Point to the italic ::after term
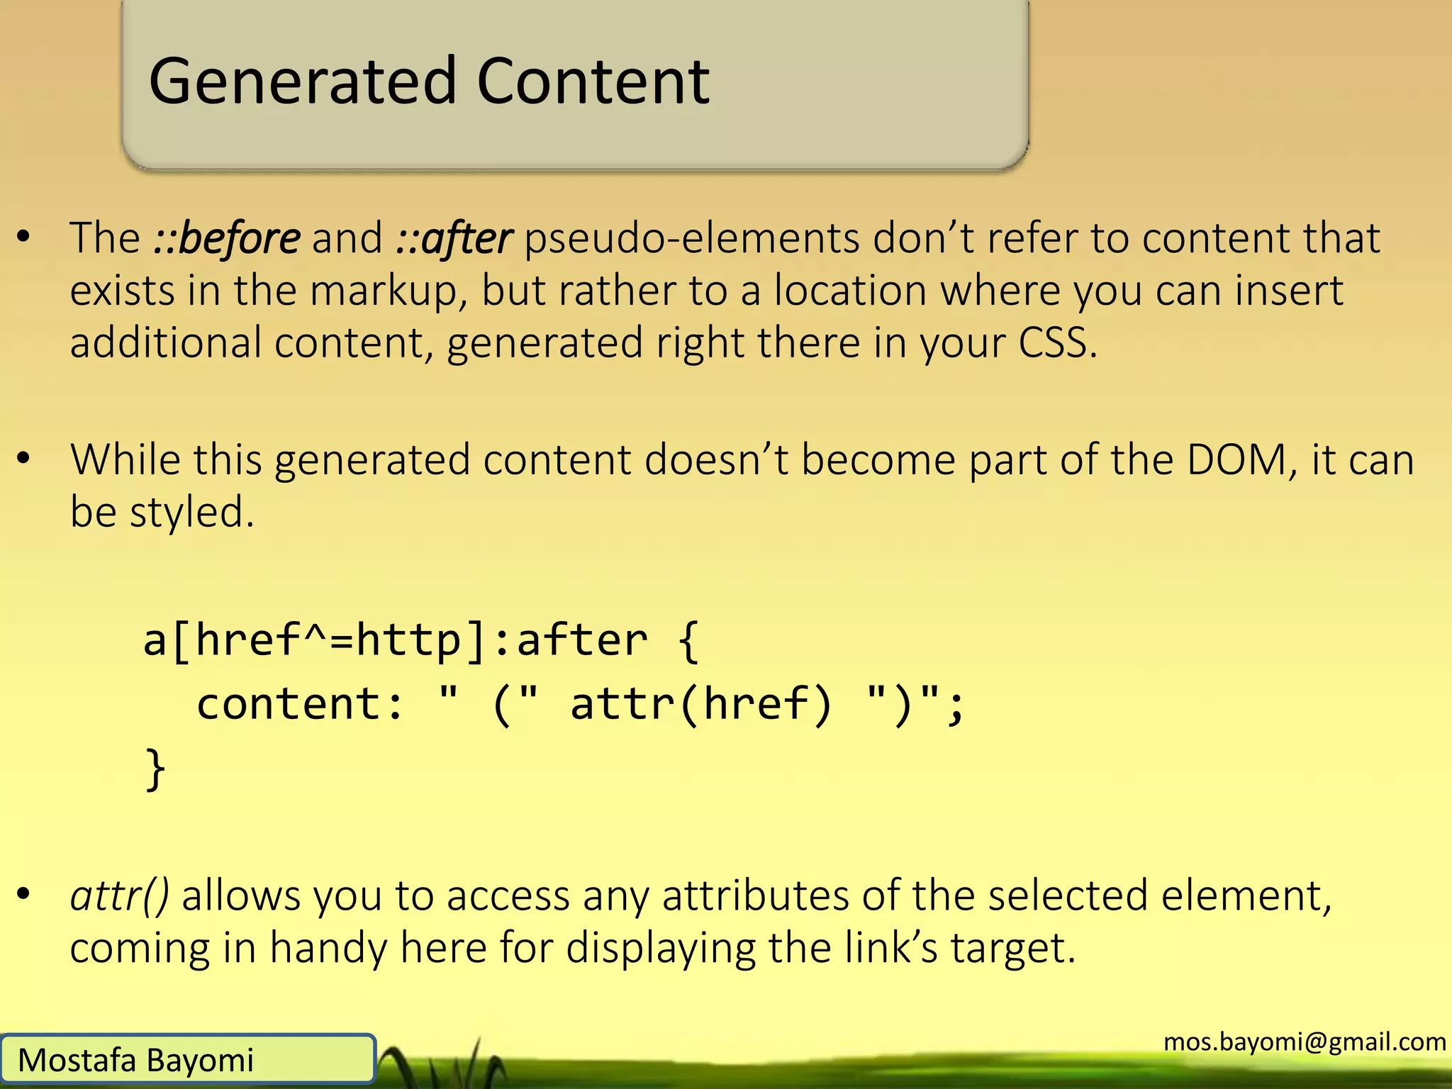click(x=454, y=238)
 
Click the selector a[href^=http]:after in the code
click(x=395, y=641)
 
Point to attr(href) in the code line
click(x=700, y=705)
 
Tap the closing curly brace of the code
click(x=155, y=769)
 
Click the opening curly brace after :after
click(x=688, y=641)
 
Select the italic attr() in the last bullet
click(x=119, y=896)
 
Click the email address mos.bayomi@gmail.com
click(x=1305, y=1041)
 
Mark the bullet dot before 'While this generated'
click(x=24, y=459)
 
